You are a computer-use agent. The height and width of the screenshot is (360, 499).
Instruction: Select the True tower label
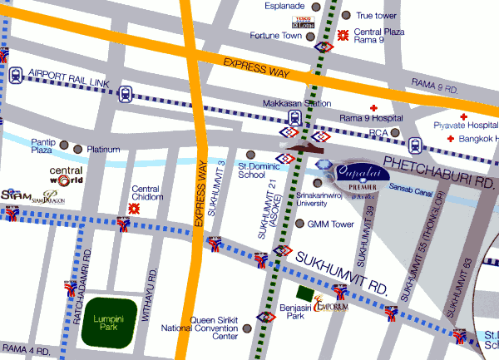coord(375,15)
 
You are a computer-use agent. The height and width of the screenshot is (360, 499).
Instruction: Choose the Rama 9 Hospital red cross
coord(373,110)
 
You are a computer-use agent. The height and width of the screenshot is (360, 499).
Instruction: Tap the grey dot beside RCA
coord(397,133)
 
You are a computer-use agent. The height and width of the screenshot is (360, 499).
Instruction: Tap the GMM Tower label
coord(331,224)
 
